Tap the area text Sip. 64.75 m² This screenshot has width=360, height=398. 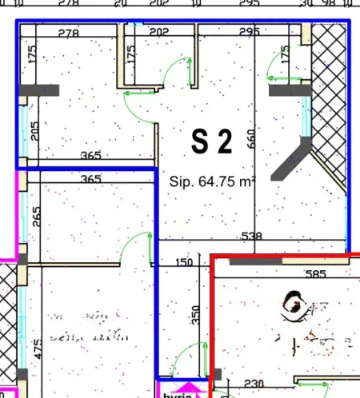coord(212,181)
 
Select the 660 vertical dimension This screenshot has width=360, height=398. coord(250,140)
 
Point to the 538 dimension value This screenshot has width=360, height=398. coord(253,237)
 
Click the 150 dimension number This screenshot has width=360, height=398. coord(183,262)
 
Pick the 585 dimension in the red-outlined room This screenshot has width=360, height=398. coord(316,275)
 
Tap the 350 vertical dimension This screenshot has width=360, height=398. coord(195,314)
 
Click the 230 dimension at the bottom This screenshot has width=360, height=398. coord(254,384)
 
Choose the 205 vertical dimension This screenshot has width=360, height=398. coord(34,129)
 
